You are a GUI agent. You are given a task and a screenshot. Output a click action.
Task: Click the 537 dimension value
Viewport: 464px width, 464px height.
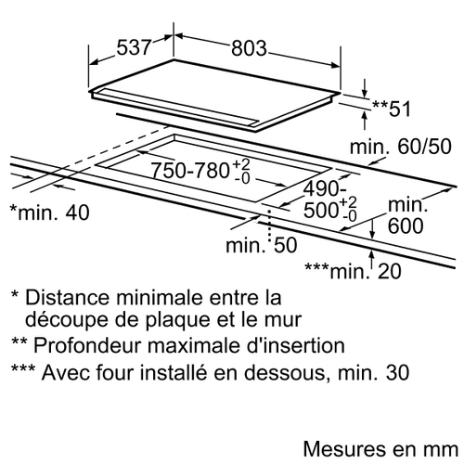(134, 47)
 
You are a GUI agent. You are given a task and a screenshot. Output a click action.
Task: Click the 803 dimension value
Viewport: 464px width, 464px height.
(249, 48)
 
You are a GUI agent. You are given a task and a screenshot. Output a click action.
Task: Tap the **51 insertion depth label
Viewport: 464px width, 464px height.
(392, 109)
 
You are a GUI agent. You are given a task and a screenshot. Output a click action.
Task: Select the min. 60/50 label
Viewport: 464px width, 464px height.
(401, 147)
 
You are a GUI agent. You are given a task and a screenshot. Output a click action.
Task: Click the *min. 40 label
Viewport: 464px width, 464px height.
(50, 213)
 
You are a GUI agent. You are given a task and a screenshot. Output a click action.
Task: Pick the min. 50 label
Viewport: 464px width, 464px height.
(262, 245)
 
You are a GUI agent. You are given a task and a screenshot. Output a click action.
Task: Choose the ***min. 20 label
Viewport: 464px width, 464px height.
(353, 271)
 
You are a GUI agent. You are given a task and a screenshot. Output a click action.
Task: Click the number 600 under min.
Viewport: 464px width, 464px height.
(406, 226)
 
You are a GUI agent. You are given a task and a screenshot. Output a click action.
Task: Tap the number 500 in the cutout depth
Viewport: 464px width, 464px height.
(321, 211)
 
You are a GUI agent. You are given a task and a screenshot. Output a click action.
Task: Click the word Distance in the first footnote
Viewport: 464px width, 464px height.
(68, 297)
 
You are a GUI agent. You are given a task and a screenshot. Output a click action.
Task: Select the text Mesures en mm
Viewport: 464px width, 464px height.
(380, 449)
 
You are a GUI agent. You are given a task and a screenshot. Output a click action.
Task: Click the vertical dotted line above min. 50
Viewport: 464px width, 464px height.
(270, 226)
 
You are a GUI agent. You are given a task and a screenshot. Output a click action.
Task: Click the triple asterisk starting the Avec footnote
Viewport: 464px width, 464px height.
(23, 368)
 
